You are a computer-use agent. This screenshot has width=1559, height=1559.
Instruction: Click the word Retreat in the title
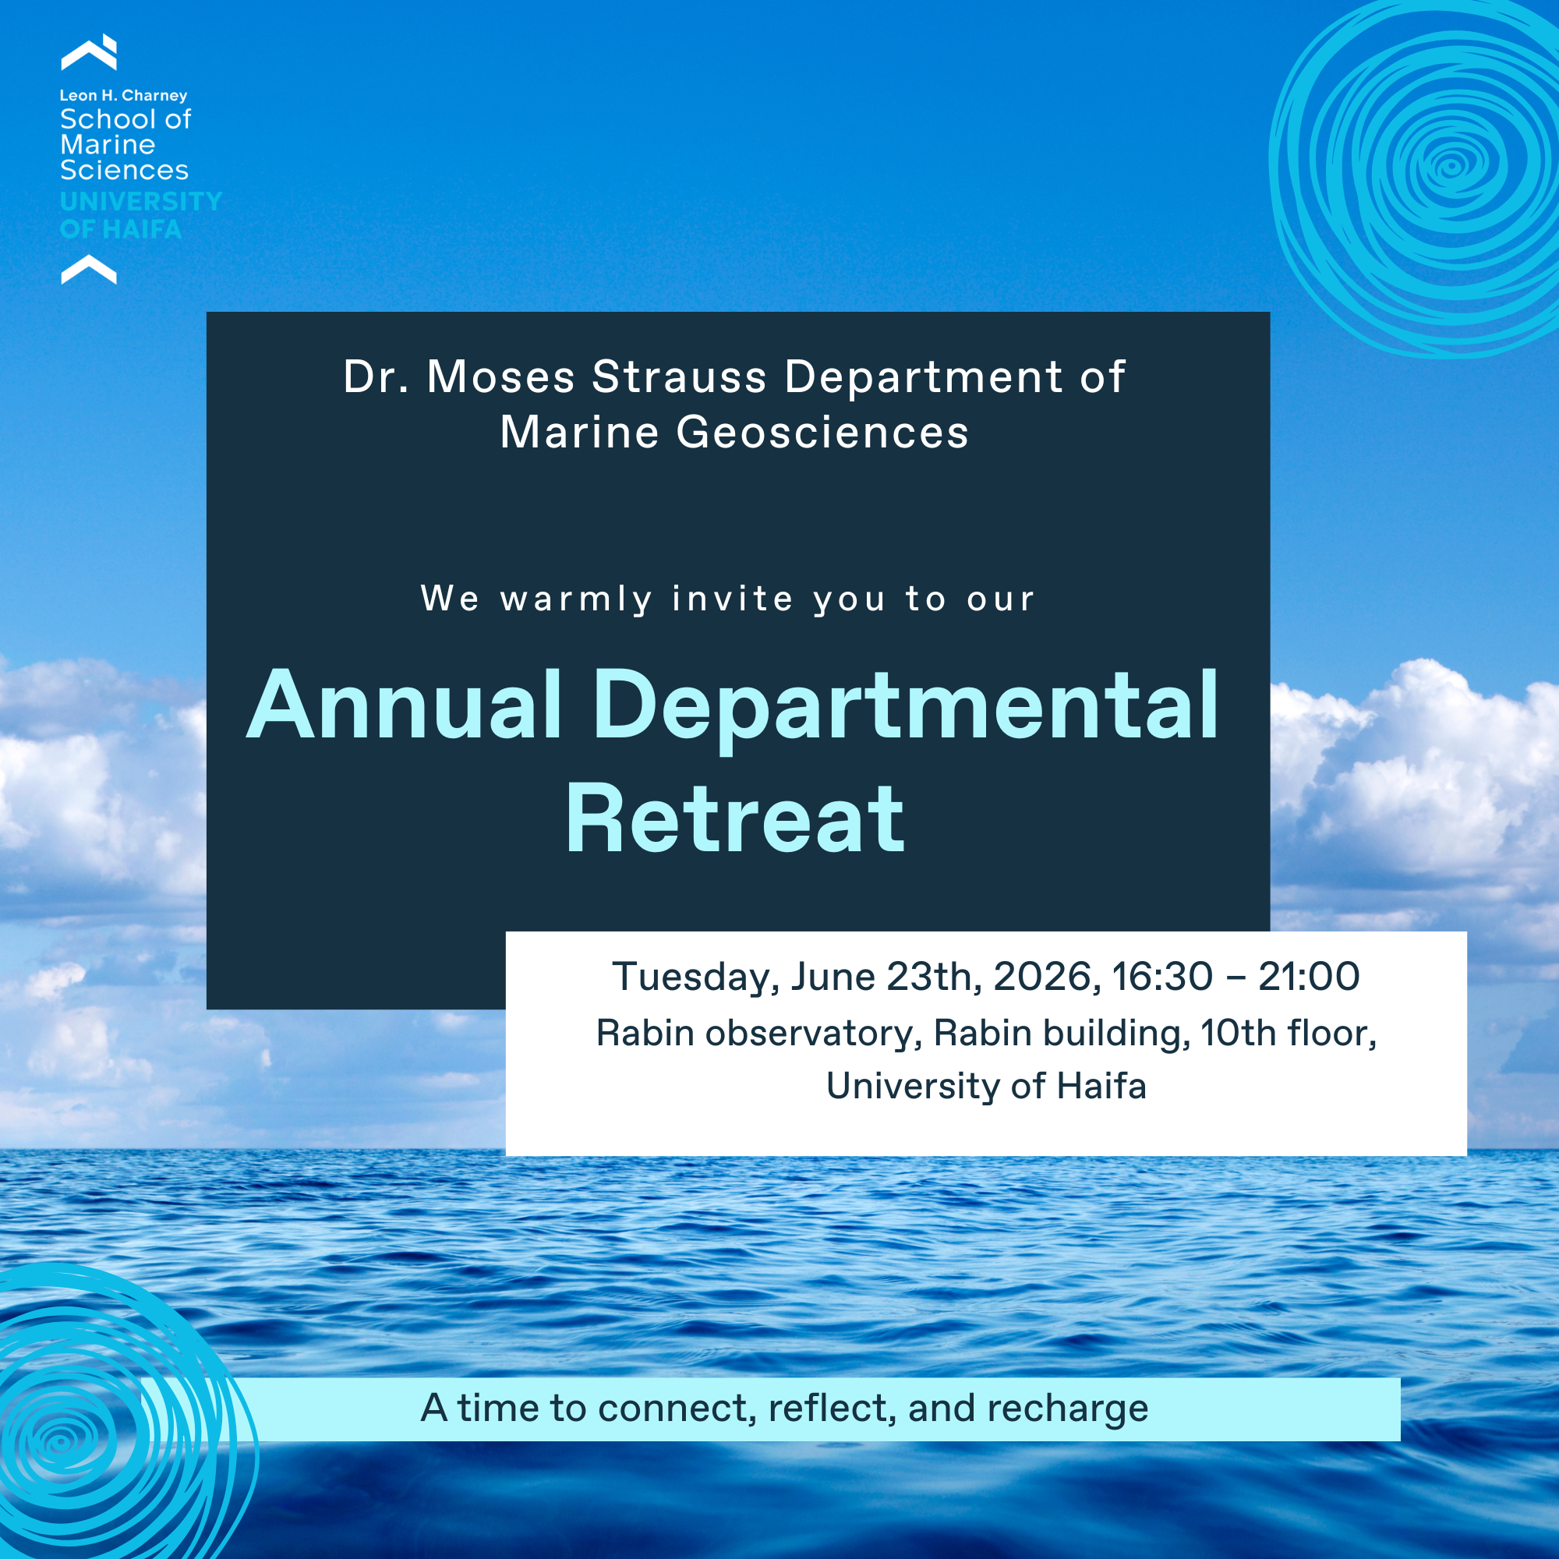coord(734,820)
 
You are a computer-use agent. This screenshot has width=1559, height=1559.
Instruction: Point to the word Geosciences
coord(822,432)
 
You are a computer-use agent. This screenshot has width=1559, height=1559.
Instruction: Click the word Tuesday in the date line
coord(695,978)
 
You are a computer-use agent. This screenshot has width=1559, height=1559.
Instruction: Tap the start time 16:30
coord(1162,977)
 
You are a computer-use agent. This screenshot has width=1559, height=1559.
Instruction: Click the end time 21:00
coord(1309,977)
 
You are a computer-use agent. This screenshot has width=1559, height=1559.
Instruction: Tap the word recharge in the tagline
coord(1068,1409)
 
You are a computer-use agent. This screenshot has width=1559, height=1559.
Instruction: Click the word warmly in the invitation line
coord(576,599)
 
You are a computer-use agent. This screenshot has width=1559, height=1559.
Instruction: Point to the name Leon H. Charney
coord(123,95)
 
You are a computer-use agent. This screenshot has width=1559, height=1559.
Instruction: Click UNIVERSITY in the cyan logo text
coord(141,201)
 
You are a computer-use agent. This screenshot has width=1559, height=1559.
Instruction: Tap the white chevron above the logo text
coord(89,52)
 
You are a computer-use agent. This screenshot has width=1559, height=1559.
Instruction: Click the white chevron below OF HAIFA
coord(89,269)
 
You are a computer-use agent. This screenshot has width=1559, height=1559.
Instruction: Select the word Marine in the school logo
coord(108,144)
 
